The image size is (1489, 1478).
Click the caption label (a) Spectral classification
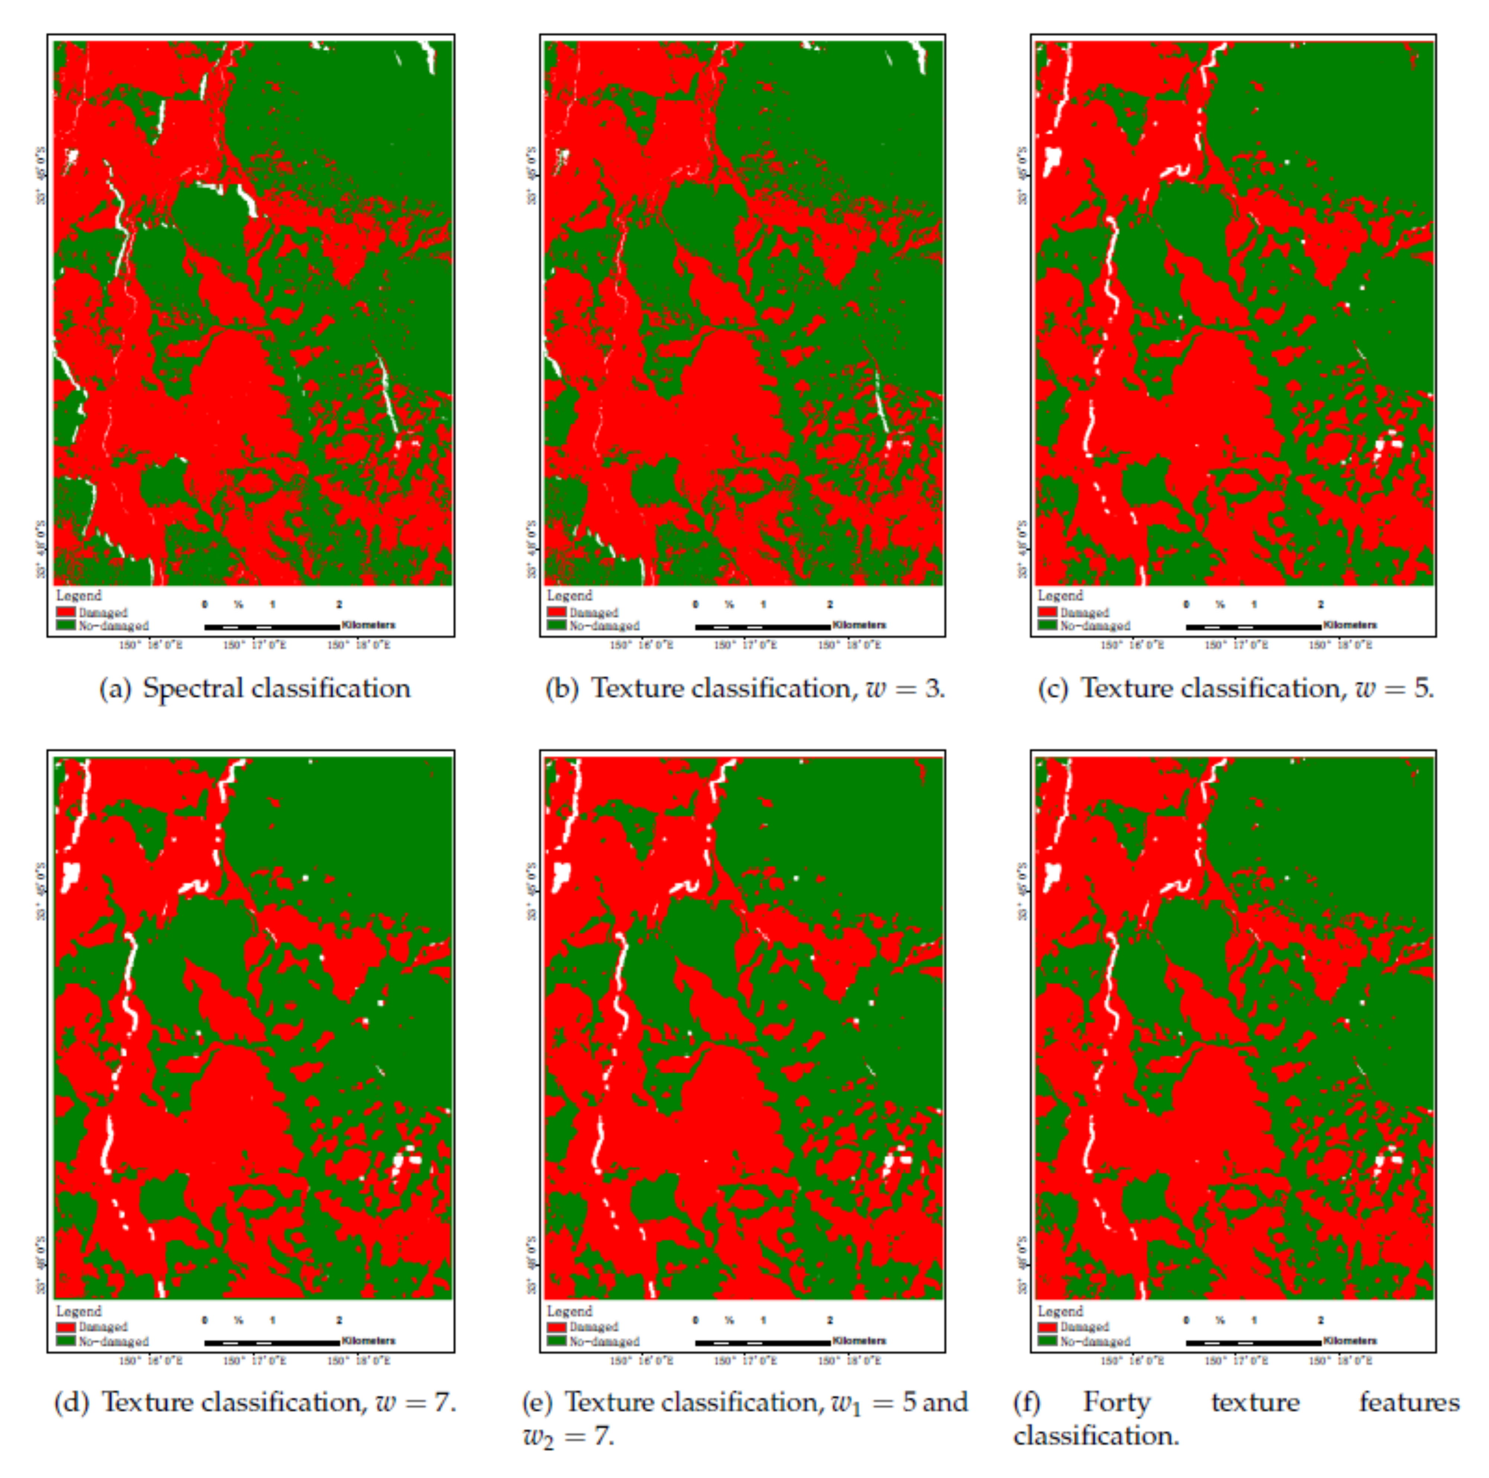254,688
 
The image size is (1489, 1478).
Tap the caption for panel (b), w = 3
744,688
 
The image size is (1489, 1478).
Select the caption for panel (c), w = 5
1235,688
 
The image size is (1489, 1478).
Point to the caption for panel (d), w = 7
254,1402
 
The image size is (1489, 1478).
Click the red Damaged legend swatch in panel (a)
65,612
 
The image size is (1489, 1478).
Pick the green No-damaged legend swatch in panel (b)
557,625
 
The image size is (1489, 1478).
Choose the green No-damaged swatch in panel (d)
65,1341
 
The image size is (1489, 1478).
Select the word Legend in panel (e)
570,1311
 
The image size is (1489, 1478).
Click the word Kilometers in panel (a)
368,625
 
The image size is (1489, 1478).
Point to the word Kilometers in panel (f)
1350,1341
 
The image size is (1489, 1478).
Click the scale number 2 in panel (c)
1321,605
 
